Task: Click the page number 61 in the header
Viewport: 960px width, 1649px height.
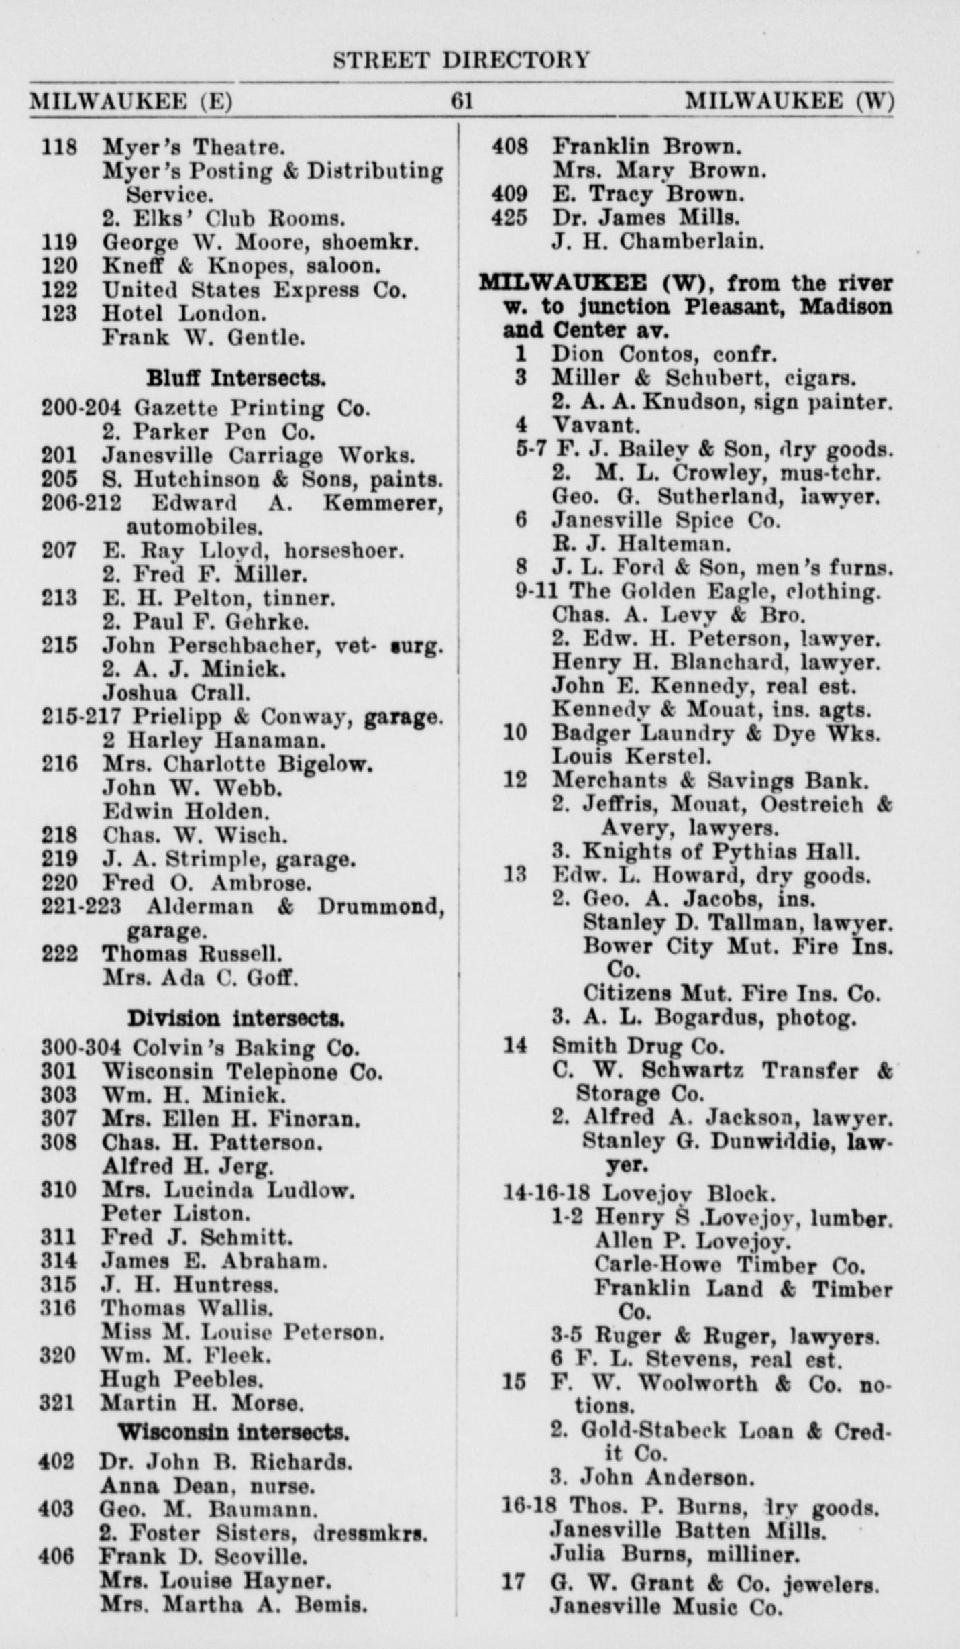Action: [462, 101]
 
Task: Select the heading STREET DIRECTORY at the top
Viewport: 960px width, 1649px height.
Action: [462, 60]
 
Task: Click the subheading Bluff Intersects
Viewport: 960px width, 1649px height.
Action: [236, 379]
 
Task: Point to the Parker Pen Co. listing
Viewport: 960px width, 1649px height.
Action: [209, 432]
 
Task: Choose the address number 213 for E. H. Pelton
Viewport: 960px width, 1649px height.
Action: [59, 598]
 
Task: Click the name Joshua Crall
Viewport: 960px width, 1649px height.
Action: [176, 692]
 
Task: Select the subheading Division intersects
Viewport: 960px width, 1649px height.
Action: [236, 1019]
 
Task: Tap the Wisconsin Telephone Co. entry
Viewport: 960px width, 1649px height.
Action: [242, 1071]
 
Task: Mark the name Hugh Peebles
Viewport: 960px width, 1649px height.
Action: [182, 1380]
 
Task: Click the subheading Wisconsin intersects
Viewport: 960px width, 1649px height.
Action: [233, 1432]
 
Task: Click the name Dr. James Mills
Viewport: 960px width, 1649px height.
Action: [646, 217]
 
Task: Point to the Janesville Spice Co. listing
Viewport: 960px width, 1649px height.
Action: [666, 521]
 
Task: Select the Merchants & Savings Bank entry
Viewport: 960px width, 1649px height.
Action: [710, 781]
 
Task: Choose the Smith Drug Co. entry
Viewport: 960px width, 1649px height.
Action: [638, 1046]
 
